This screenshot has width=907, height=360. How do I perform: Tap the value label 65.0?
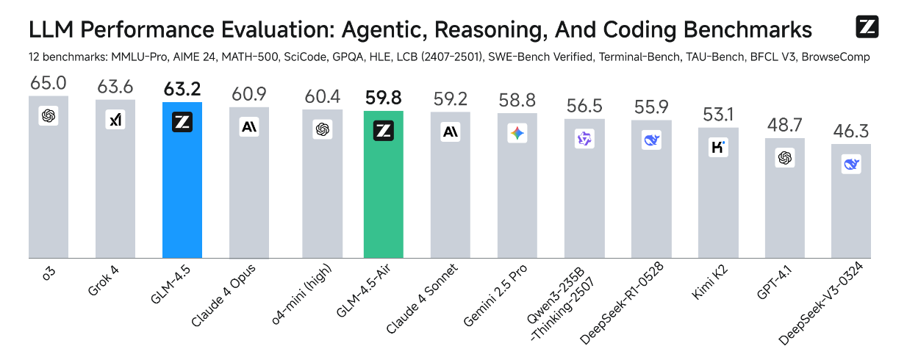pos(48,83)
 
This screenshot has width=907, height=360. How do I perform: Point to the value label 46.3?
pos(850,132)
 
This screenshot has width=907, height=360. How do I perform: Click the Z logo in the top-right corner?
pos(867,27)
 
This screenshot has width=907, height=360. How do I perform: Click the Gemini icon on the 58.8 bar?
pos(517,133)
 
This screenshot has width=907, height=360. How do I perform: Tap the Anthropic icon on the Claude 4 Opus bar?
pos(249,127)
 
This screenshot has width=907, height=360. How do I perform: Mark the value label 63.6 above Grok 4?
pos(115,87)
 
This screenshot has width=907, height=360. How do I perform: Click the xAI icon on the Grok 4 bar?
pos(115,120)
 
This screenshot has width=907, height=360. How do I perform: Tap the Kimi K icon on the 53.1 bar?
pos(718,147)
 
